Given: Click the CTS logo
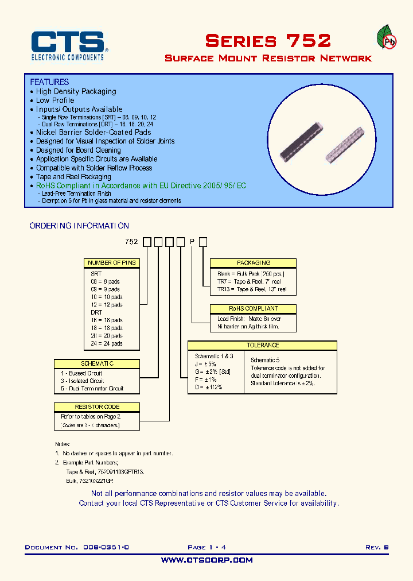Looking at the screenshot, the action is (x=68, y=45).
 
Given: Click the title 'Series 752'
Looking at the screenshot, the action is (x=268, y=41).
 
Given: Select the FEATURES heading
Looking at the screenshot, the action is (x=49, y=82).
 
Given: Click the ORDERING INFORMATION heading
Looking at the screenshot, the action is (x=79, y=226).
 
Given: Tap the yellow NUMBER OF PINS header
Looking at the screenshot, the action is (x=112, y=263).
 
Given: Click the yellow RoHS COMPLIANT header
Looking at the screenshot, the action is (x=253, y=308).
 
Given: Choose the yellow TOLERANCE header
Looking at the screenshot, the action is (x=262, y=345).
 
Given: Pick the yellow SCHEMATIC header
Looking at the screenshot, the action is (x=97, y=364).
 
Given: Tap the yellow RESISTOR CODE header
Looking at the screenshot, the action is (x=96, y=407).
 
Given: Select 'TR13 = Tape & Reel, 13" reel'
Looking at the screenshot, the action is (x=252, y=290).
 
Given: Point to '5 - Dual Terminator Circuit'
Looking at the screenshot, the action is (x=92, y=389).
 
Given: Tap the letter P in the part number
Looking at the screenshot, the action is (x=192, y=242).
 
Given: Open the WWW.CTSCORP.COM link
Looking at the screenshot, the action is (x=206, y=560).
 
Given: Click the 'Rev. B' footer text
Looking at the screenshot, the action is (x=377, y=548).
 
